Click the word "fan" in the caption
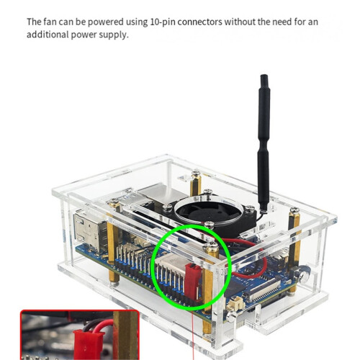point(50,22)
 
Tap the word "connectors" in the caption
point(199,22)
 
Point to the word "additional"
point(48,35)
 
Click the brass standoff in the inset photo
point(125,336)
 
